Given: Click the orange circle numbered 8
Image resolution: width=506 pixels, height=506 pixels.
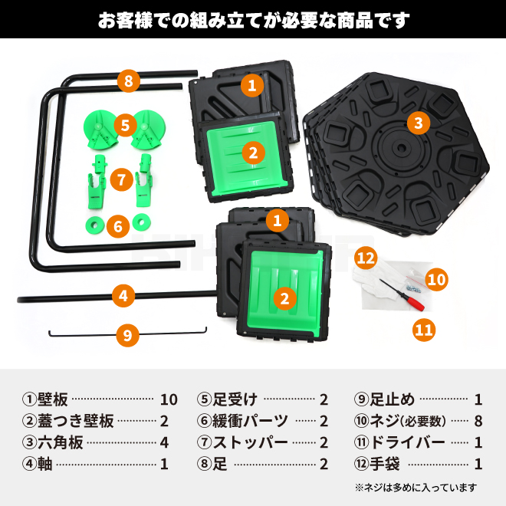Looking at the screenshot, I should (x=129, y=80).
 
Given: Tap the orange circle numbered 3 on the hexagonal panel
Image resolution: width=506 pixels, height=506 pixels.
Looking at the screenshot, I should (x=416, y=123).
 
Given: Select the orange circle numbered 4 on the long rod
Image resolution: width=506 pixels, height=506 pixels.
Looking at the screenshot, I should (x=123, y=295).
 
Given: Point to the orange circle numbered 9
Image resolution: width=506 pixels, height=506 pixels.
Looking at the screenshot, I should (x=129, y=334).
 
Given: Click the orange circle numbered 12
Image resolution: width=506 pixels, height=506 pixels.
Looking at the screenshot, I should (x=366, y=258).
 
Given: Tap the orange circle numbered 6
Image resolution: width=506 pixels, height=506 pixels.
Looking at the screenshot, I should (x=117, y=226).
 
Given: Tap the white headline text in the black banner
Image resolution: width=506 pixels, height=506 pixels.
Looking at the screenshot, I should (x=253, y=20).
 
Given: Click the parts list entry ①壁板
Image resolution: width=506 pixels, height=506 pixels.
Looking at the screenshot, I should (x=46, y=399).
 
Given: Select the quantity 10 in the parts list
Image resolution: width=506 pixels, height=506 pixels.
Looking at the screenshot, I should (x=169, y=399).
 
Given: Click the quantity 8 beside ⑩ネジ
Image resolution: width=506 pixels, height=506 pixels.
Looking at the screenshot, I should (x=478, y=421).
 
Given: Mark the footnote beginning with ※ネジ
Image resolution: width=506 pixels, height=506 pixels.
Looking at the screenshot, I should (x=415, y=487).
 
